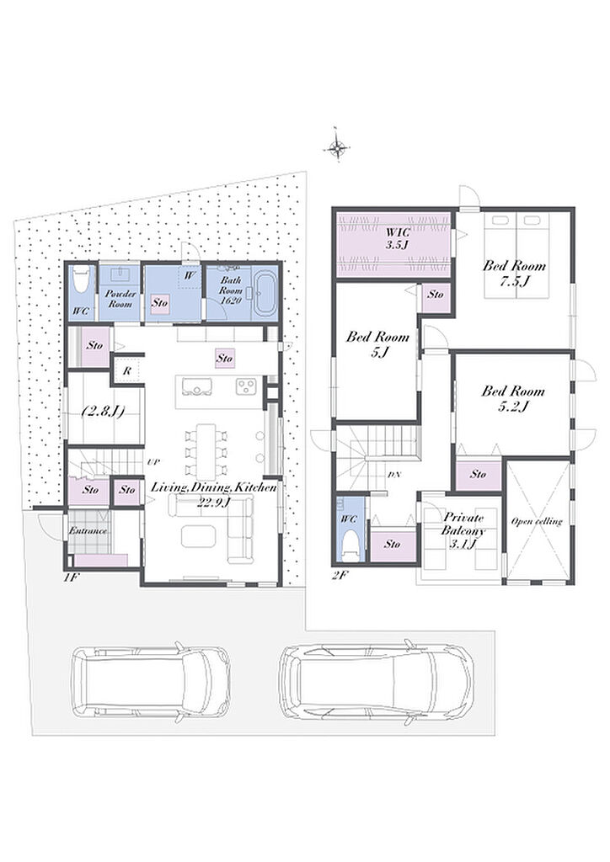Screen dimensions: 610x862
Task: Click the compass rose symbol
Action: (337, 146)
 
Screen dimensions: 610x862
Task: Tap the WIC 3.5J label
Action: (397, 239)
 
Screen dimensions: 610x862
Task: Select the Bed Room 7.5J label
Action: (514, 274)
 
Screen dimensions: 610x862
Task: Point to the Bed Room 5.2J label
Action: (513, 399)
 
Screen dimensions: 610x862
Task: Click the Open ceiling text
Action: (537, 521)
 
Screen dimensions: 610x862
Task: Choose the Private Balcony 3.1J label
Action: (463, 531)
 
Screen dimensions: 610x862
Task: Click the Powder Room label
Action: (120, 299)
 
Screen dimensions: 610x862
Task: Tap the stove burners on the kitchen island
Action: (245, 386)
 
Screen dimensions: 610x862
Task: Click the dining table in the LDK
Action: (206, 451)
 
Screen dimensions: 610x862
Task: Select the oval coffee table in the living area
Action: (199, 535)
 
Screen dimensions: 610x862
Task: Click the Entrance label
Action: (88, 531)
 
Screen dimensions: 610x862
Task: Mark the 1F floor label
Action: (69, 577)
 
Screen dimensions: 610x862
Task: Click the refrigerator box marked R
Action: (127, 371)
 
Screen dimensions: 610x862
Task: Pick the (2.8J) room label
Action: (103, 411)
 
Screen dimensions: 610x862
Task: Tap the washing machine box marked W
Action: (189, 277)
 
